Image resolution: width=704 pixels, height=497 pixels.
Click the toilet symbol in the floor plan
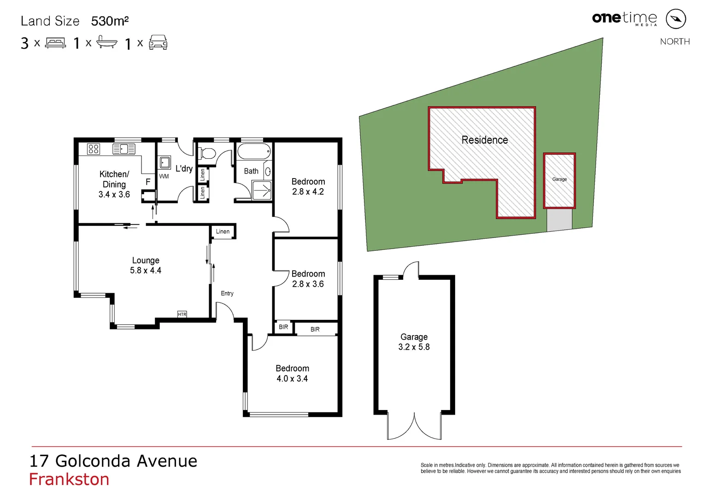[x=207, y=153]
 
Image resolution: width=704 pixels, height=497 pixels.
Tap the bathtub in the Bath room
[x=254, y=151]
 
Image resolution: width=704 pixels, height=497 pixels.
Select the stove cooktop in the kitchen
[x=94, y=149]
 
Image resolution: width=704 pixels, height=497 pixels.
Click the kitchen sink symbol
[x=124, y=149]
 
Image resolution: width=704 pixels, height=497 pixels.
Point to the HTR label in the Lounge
[x=182, y=314]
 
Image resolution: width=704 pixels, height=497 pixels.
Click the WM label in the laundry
[x=164, y=176]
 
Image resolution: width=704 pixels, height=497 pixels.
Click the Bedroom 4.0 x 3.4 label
[x=292, y=373]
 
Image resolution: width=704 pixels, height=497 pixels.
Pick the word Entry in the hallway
[x=227, y=293]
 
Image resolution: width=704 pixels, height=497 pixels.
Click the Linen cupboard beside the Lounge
[x=223, y=231]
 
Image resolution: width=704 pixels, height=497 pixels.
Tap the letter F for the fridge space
[x=148, y=182]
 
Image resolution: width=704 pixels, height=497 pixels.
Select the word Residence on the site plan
[x=485, y=140]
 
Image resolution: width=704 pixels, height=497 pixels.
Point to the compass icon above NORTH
[x=676, y=19]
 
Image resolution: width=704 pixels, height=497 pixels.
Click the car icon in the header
[x=158, y=43]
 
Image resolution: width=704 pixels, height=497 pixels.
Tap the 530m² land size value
[x=110, y=21]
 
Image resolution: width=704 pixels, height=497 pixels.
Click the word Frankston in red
[x=69, y=480]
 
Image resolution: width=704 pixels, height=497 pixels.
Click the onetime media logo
[x=624, y=18]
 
